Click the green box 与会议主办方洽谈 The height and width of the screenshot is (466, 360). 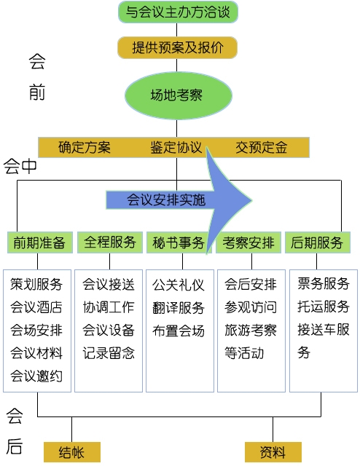pyautogui.click(x=178, y=12)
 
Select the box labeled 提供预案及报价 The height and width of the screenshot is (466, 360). pyautogui.click(x=178, y=47)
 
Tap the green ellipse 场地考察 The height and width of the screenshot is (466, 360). pyautogui.click(x=178, y=95)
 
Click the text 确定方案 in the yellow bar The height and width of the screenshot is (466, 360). pyautogui.click(x=85, y=148)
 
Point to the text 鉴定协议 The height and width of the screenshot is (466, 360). pyautogui.click(x=176, y=148)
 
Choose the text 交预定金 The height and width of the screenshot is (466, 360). pyautogui.click(x=261, y=148)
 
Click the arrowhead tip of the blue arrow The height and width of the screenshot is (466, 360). pyautogui.click(x=252, y=200)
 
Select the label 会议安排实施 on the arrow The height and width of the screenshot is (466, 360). pyautogui.click(x=166, y=200)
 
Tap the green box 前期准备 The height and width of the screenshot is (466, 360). pyautogui.click(x=40, y=242)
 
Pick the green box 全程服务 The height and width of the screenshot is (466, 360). pyautogui.click(x=110, y=242)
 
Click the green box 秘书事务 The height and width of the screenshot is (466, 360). pyautogui.click(x=179, y=242)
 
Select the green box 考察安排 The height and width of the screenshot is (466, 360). pyautogui.click(x=249, y=242)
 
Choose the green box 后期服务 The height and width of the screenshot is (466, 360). pyautogui.click(x=318, y=242)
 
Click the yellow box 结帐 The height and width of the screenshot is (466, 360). pyautogui.click(x=72, y=452)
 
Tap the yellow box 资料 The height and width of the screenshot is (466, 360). pyautogui.click(x=273, y=452)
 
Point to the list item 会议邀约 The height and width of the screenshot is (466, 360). pyautogui.click(x=36, y=376)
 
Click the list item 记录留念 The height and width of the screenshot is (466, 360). pyautogui.click(x=109, y=353)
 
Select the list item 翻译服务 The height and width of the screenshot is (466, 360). pyautogui.click(x=179, y=307)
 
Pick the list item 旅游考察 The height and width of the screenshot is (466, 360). pyautogui.click(x=251, y=330)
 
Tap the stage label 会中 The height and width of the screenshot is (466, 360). pyautogui.click(x=20, y=167)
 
